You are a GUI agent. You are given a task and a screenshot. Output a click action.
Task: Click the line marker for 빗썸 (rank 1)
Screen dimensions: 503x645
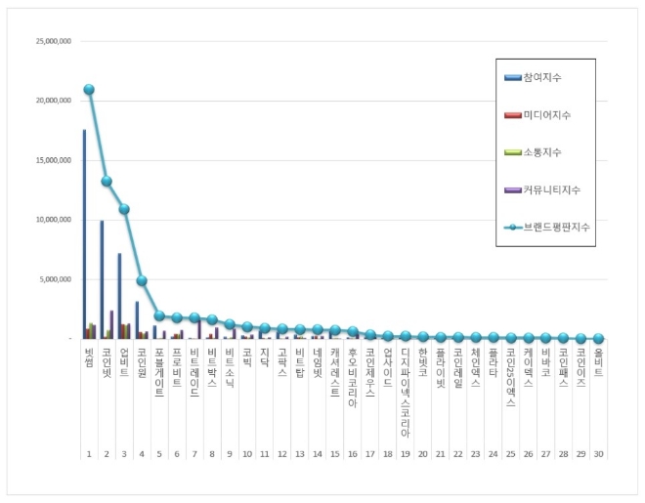89,90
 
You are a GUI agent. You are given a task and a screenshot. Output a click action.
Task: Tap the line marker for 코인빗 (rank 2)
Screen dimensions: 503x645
107,181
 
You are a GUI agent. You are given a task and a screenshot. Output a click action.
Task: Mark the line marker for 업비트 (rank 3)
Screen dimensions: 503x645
124,209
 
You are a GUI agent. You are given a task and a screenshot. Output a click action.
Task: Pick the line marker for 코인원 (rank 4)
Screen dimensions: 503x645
142,280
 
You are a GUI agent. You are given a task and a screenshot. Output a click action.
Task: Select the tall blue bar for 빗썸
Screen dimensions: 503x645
84,234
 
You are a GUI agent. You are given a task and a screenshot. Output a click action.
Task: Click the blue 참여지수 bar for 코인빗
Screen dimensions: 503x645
102,279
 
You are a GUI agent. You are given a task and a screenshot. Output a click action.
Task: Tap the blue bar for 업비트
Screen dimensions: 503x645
119,296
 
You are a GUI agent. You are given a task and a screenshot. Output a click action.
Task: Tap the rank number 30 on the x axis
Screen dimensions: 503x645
598,454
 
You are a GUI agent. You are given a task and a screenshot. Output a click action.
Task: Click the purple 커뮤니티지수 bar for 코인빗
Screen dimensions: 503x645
111,324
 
